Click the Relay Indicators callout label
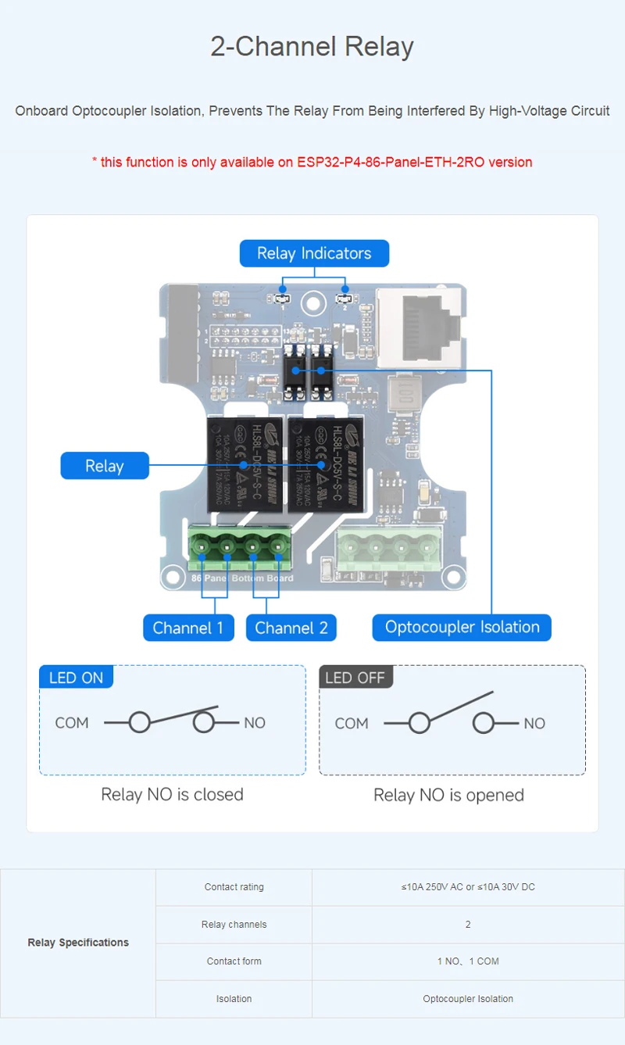(x=314, y=253)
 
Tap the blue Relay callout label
(x=104, y=466)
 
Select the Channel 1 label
(x=187, y=628)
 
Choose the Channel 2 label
(x=291, y=628)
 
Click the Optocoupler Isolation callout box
(x=462, y=627)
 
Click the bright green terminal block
(x=239, y=547)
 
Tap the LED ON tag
(x=76, y=678)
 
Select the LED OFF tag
(x=355, y=678)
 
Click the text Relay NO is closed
(x=172, y=794)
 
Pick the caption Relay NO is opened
(x=448, y=795)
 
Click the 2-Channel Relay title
(x=312, y=46)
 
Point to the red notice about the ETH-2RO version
(x=312, y=162)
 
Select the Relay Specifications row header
(x=78, y=943)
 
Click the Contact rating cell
(x=234, y=887)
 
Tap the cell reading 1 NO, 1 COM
(x=468, y=961)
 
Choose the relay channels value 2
(x=468, y=925)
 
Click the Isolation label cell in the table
(x=234, y=999)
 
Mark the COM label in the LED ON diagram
(x=72, y=723)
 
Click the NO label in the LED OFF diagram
(x=534, y=724)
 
